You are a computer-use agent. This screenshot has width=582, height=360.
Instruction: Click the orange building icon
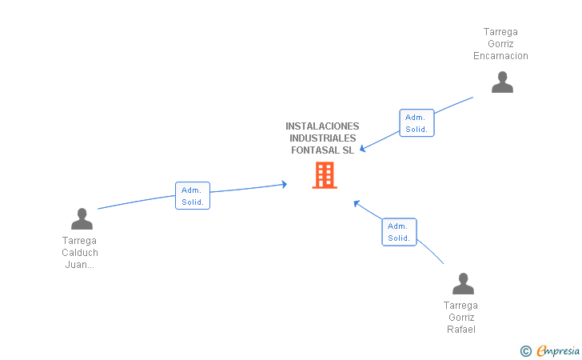[325, 175]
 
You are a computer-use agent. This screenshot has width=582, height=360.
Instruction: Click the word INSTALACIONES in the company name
[322, 126]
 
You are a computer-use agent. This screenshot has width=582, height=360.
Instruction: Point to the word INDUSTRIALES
[322, 138]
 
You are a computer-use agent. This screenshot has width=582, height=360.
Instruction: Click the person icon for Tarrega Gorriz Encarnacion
[502, 82]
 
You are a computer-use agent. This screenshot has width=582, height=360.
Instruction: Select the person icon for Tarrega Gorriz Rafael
[463, 283]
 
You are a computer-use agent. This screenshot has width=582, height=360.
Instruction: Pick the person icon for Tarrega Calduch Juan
[82, 218]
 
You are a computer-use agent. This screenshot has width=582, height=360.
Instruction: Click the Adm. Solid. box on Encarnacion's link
[417, 123]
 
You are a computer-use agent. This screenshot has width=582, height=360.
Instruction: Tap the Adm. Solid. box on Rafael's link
[400, 232]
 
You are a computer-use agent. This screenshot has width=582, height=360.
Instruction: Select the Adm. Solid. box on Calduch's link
[193, 196]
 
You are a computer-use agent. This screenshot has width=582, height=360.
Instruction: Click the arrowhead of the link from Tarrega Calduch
[285, 184]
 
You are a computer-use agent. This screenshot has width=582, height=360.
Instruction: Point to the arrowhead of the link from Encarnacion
[363, 149]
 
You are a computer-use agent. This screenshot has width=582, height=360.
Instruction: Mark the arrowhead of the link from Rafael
[357, 203]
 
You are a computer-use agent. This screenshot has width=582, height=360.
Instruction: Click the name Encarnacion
[500, 56]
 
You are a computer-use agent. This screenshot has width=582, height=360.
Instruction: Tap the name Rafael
[461, 330]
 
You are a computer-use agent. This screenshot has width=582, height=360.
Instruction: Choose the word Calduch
[80, 253]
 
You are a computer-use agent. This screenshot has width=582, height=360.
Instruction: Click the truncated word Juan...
[79, 265]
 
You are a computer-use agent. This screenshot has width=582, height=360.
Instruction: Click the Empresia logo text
[558, 350]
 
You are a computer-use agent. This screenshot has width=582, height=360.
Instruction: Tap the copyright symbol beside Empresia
[526, 351]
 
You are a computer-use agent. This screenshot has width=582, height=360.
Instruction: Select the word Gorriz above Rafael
[461, 318]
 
